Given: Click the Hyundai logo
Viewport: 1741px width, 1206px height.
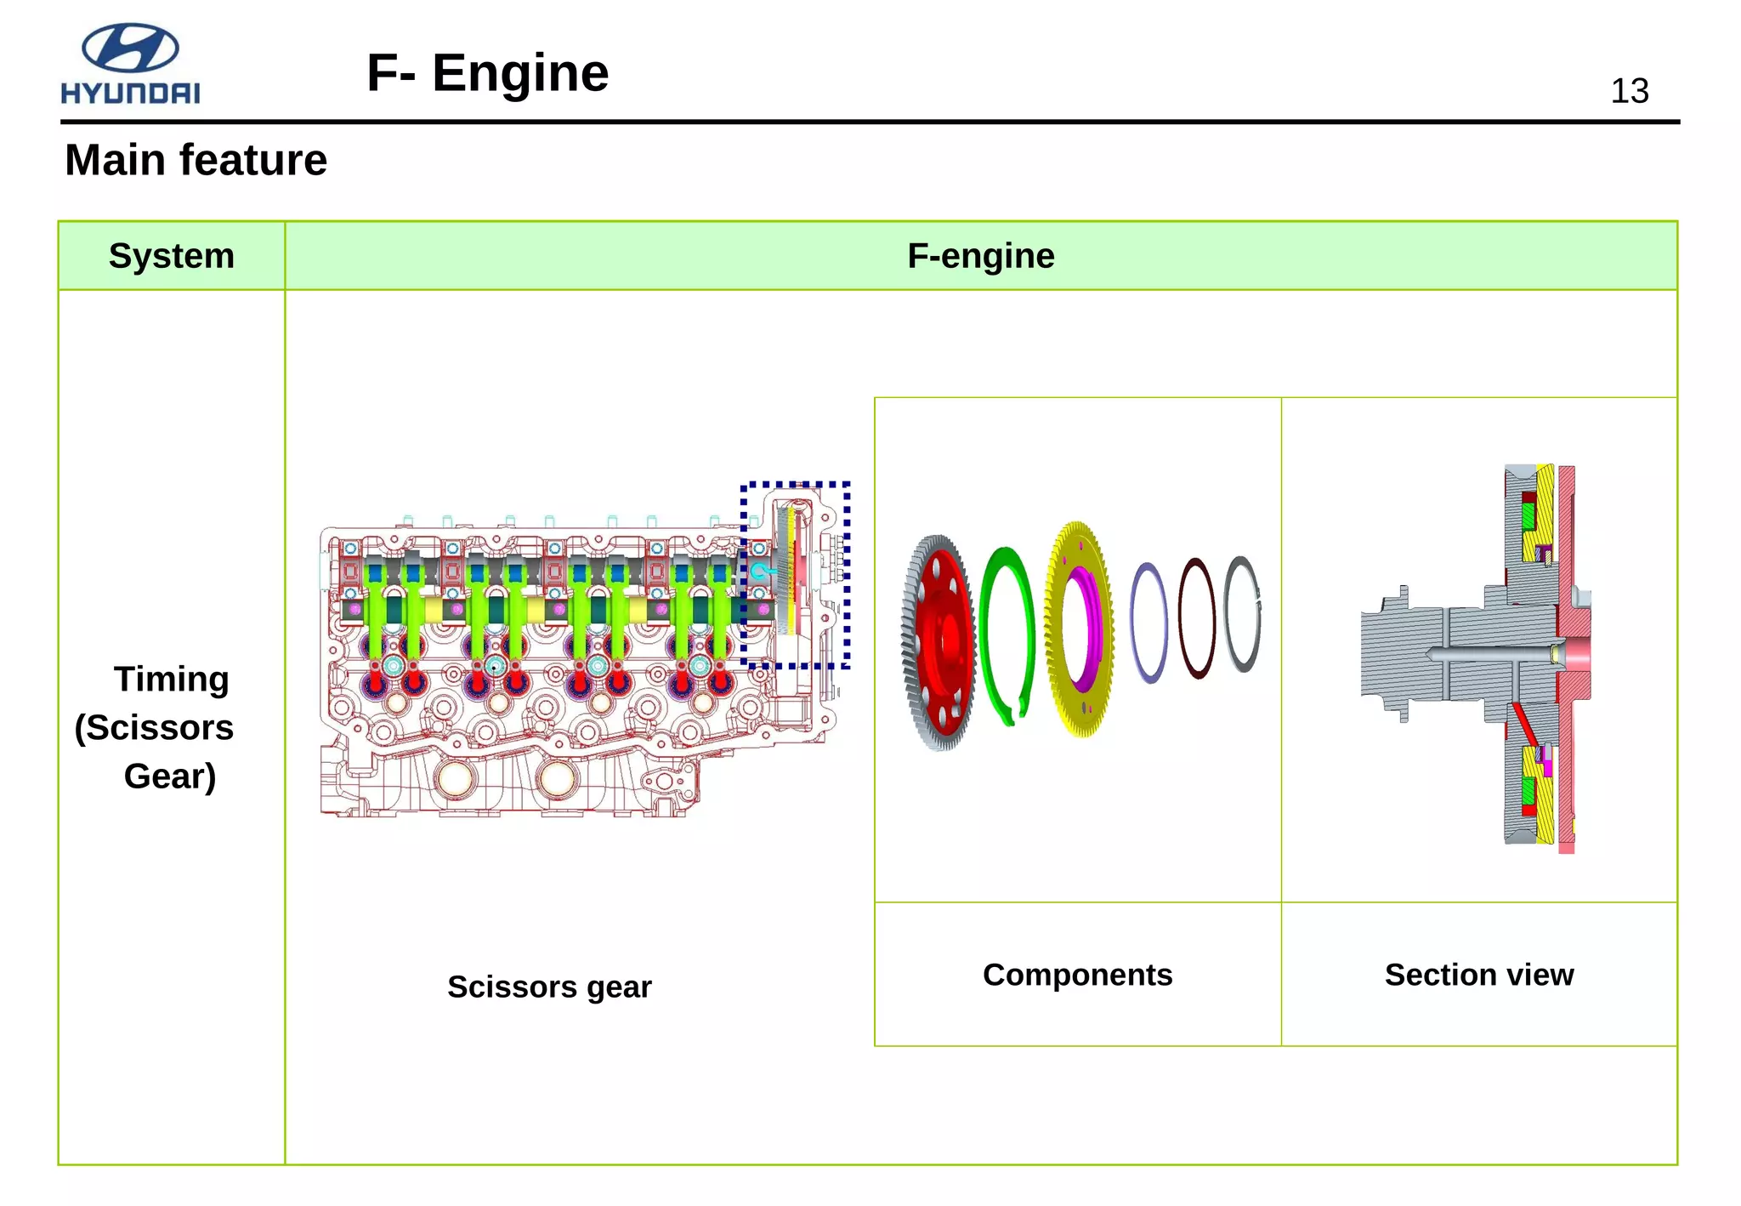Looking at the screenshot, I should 130,64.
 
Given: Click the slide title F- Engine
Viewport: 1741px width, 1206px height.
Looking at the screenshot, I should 487,73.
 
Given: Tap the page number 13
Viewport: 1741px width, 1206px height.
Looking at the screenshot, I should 1629,92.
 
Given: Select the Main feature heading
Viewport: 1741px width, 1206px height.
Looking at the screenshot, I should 196,160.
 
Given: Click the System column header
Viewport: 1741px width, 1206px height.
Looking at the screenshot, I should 171,256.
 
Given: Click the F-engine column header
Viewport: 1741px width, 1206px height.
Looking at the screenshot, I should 980,256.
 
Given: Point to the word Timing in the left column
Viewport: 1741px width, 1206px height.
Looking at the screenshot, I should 171,679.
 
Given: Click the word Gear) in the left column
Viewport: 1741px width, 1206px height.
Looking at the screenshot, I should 169,776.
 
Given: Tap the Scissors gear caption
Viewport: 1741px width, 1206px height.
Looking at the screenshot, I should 549,987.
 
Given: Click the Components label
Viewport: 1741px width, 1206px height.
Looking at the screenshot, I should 1077,975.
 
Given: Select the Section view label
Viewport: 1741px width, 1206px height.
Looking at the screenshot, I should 1478,975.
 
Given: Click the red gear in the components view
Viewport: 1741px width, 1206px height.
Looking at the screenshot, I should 939,643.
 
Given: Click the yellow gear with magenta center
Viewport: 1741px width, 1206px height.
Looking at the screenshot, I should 1078,629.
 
